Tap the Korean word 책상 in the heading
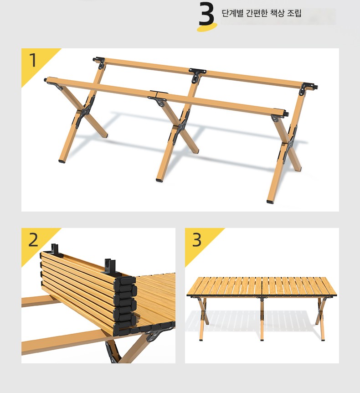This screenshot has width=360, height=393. [278, 13]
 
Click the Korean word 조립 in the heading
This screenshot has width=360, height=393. [294, 13]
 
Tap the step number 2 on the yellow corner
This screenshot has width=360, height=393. [33, 240]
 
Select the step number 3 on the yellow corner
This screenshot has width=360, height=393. [197, 240]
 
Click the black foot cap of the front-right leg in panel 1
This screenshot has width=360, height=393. [270, 201]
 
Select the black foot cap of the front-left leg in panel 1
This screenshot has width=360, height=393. [62, 161]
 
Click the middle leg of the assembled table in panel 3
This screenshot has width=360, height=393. [262, 318]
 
